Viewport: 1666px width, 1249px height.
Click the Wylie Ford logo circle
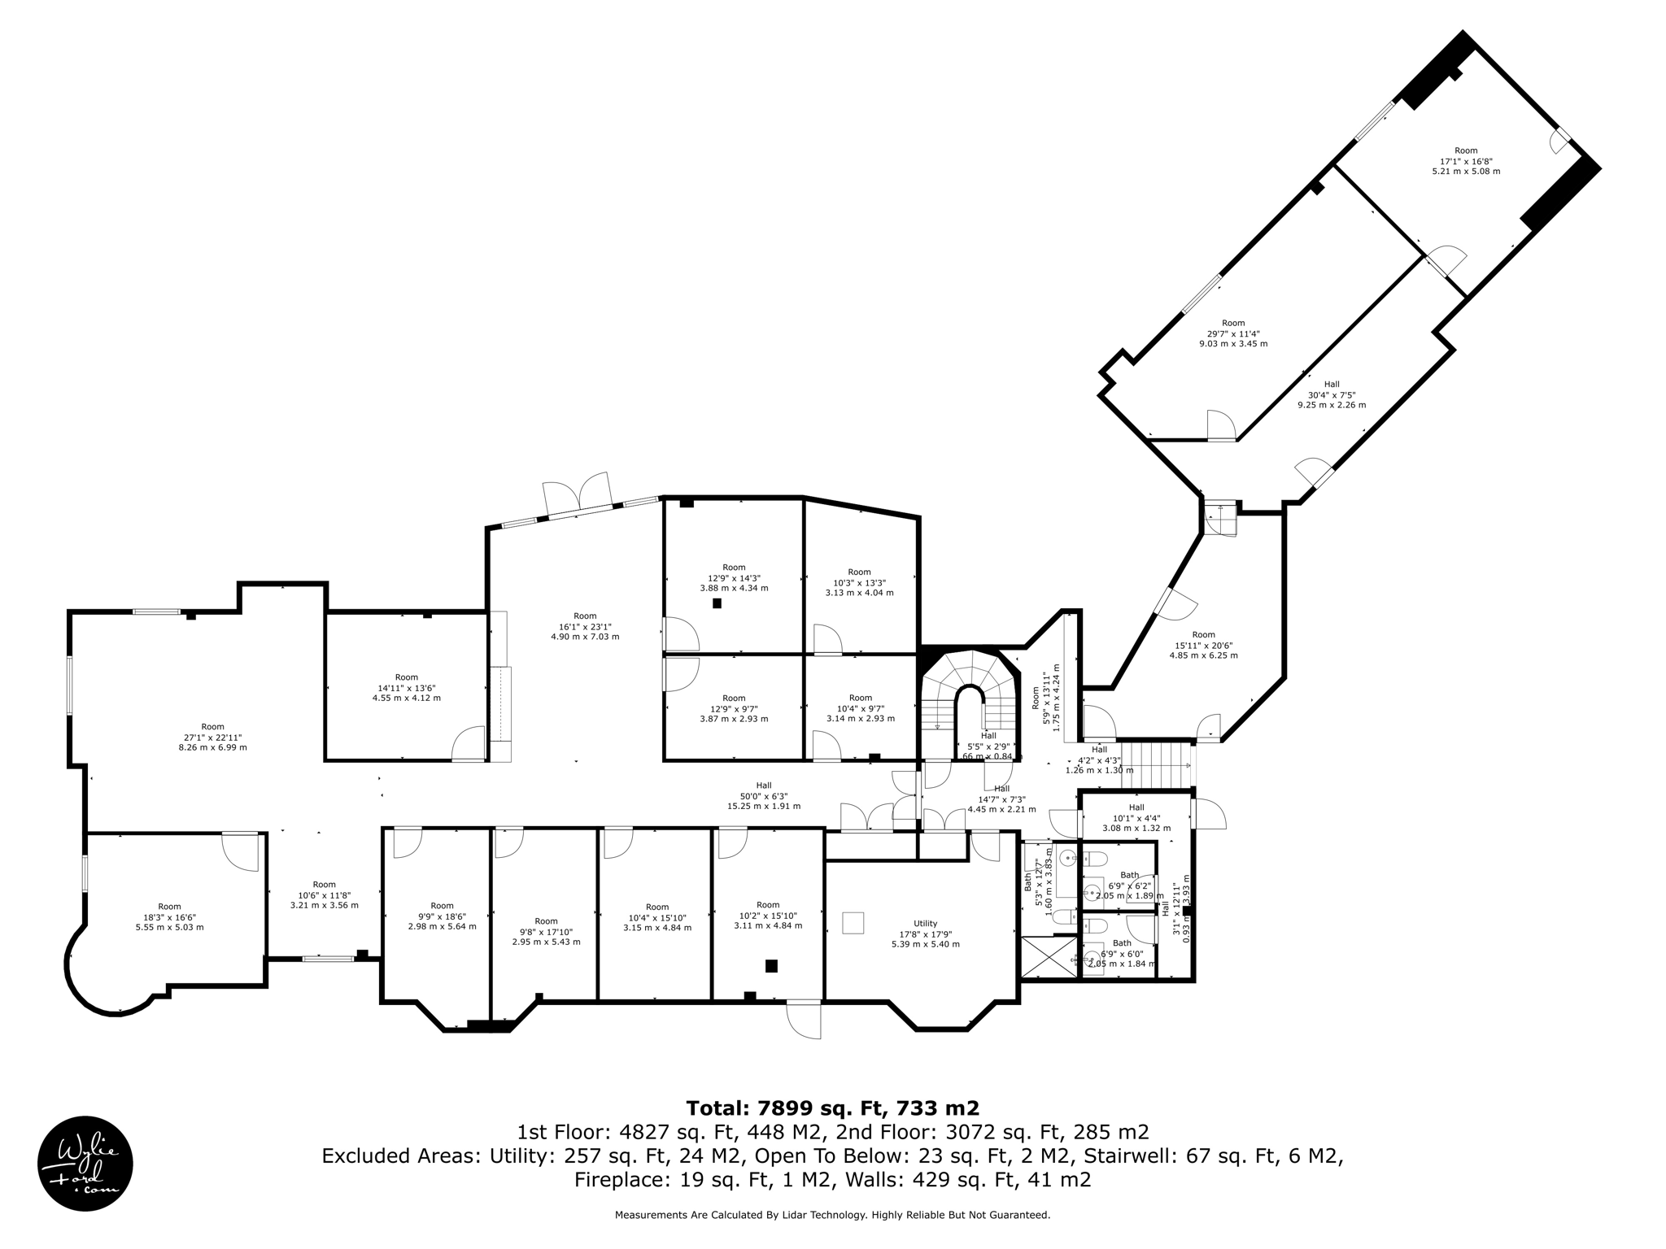[85, 1164]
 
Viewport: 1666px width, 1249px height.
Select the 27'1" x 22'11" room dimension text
[212, 737]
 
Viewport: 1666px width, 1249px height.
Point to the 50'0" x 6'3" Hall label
[763, 796]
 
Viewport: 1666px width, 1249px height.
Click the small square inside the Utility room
[853, 923]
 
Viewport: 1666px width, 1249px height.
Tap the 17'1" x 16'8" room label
[1466, 161]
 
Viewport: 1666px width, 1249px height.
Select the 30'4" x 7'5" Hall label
[1331, 394]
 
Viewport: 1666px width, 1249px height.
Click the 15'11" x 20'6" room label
[1203, 645]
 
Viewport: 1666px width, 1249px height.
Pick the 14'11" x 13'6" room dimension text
[406, 687]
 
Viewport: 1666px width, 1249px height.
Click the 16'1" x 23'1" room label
[585, 626]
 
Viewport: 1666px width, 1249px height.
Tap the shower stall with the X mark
[1049, 957]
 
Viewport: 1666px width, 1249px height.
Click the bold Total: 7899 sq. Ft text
[832, 1108]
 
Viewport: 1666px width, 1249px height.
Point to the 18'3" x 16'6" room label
[169, 916]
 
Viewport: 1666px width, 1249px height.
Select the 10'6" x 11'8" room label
[324, 894]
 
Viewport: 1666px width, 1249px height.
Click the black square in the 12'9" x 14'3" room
[717, 603]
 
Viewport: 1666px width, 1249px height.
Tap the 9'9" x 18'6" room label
[442, 916]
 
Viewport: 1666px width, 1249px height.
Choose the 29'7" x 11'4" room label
[1232, 333]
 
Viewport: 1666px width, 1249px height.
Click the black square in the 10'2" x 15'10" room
[771, 966]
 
